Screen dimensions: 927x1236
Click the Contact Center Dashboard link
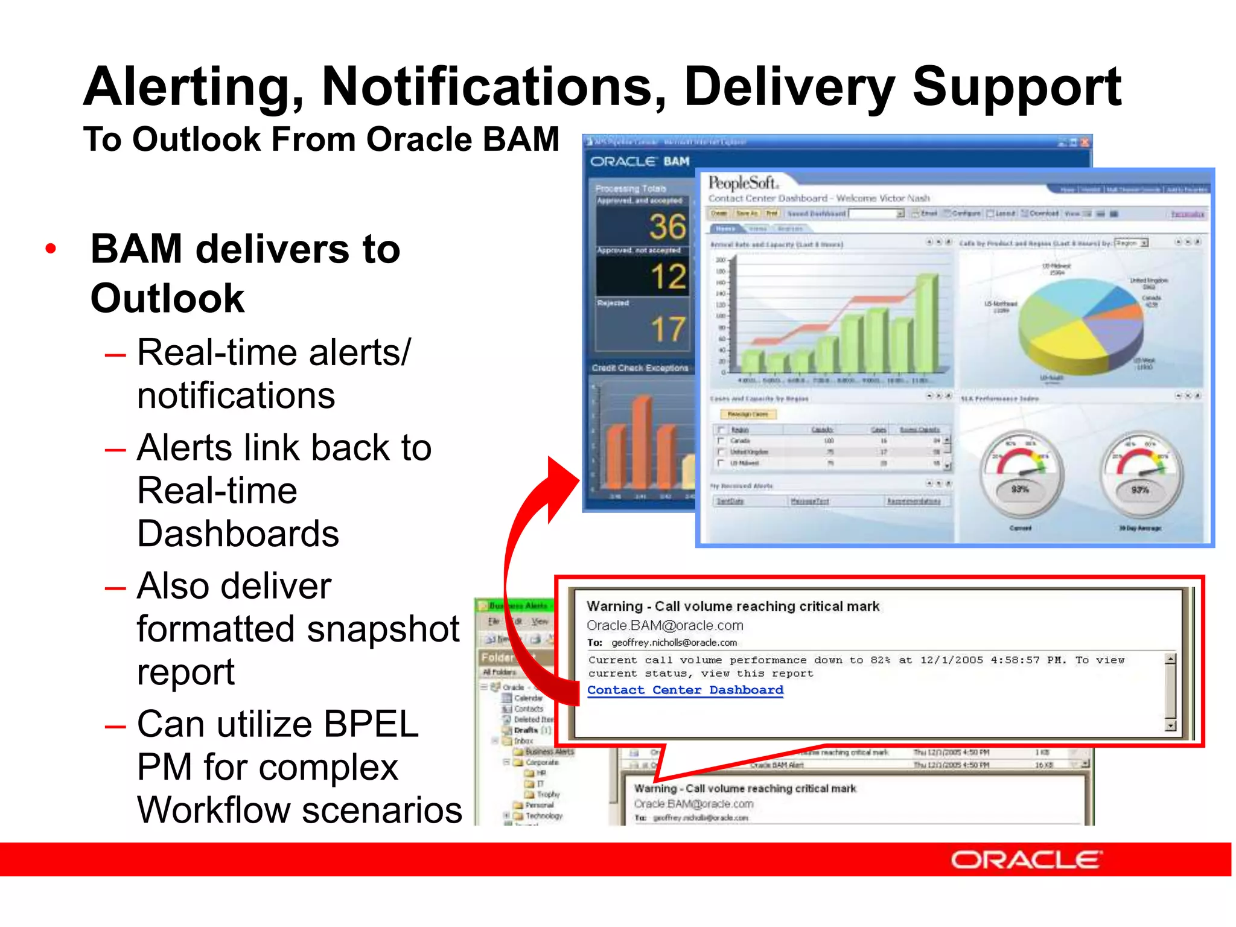[685, 690]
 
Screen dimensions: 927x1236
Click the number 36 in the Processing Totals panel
[667, 227]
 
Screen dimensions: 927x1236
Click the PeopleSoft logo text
[743, 182]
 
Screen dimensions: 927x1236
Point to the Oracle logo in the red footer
[1026, 859]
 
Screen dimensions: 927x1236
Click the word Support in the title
[1016, 88]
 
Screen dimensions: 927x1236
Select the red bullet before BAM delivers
[51, 249]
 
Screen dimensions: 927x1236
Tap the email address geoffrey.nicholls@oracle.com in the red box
[674, 643]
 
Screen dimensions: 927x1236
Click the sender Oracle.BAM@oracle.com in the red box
[664, 625]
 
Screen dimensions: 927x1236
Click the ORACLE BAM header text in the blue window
[640, 162]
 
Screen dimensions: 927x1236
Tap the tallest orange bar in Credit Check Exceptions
[642, 441]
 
